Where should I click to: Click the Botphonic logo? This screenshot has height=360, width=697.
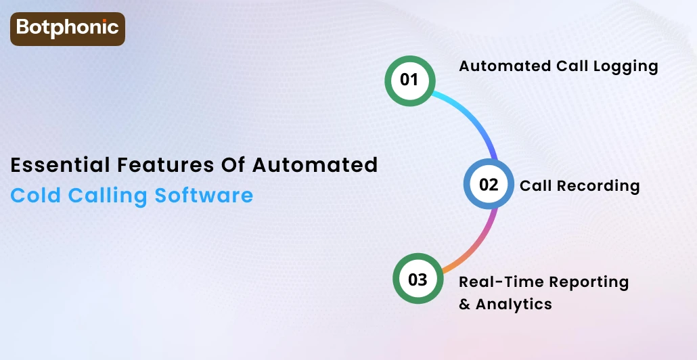click(x=67, y=28)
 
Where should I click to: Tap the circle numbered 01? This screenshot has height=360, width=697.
click(x=409, y=80)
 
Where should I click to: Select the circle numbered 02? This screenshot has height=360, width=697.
click(x=488, y=185)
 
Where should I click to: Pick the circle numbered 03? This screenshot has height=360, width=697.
click(x=418, y=279)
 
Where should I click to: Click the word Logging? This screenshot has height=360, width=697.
click(x=625, y=66)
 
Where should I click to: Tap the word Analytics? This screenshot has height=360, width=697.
click(x=514, y=304)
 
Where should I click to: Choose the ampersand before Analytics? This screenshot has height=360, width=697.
click(x=464, y=304)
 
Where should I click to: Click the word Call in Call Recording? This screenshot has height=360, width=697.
click(x=534, y=185)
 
